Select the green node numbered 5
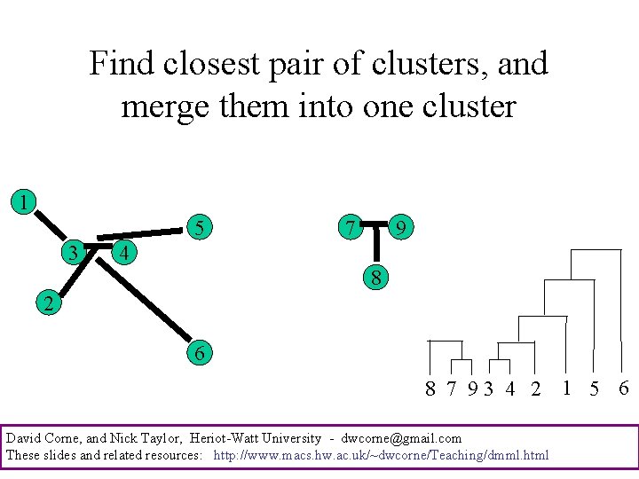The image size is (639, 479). coord(201,228)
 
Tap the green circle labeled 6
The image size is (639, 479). coord(200,353)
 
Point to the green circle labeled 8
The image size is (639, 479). coord(376,278)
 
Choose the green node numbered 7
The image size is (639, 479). coord(351,228)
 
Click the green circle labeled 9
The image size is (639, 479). coord(402,229)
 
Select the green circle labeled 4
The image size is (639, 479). coord(125,253)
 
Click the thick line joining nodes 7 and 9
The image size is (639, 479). coord(376,223)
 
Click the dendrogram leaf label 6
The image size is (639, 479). coord(623,388)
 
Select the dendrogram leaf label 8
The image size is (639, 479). coord(430,389)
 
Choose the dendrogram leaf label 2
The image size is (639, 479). coord(535,389)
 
